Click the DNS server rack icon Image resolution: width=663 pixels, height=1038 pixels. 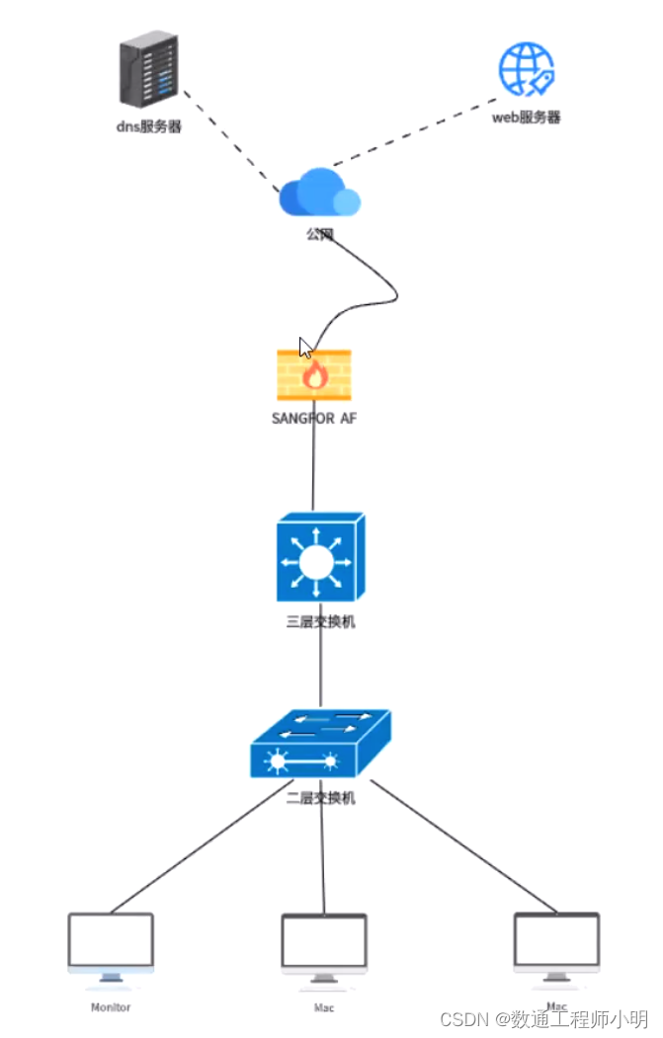[x=149, y=70]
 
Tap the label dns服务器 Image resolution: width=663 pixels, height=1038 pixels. [x=148, y=126]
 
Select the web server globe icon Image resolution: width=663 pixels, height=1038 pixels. [x=526, y=68]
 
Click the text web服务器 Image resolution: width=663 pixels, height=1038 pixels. [x=527, y=117]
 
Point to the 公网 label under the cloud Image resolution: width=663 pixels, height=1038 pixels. [x=318, y=235]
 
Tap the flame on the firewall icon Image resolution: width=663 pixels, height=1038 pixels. [x=315, y=374]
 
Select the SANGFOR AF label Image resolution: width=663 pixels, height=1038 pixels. [x=314, y=418]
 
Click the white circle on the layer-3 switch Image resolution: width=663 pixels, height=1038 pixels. [x=317, y=562]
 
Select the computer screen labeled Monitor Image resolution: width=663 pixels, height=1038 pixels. [x=111, y=940]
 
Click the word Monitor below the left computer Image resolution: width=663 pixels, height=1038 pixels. [x=111, y=1007]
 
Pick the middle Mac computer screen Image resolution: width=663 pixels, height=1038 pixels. [x=324, y=941]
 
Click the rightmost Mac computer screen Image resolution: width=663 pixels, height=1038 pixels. [x=556, y=940]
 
